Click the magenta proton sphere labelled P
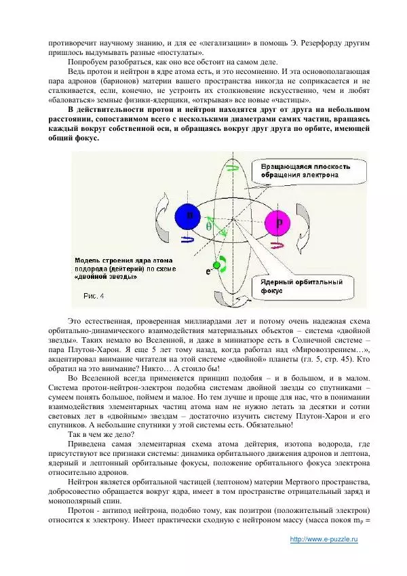(x=278, y=222)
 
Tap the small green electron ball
(x=217, y=265)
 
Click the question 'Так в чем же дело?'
(x=101, y=434)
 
